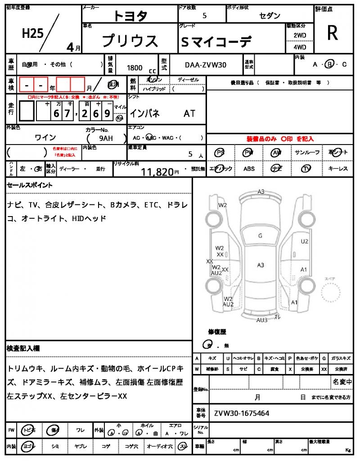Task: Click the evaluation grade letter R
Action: coord(332,33)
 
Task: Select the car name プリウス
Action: coord(130,41)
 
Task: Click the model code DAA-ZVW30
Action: coord(206,66)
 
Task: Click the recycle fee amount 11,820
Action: coord(157,172)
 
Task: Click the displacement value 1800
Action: coord(135,68)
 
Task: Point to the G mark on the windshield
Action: coord(260,236)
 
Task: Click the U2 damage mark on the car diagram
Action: coord(305,241)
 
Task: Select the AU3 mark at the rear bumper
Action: coord(262,320)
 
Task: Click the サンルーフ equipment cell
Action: coord(307,153)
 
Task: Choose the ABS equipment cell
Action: coord(249,169)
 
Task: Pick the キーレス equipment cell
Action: coord(337,169)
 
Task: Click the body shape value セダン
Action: coord(270,16)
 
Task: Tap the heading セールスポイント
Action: coord(30,185)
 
